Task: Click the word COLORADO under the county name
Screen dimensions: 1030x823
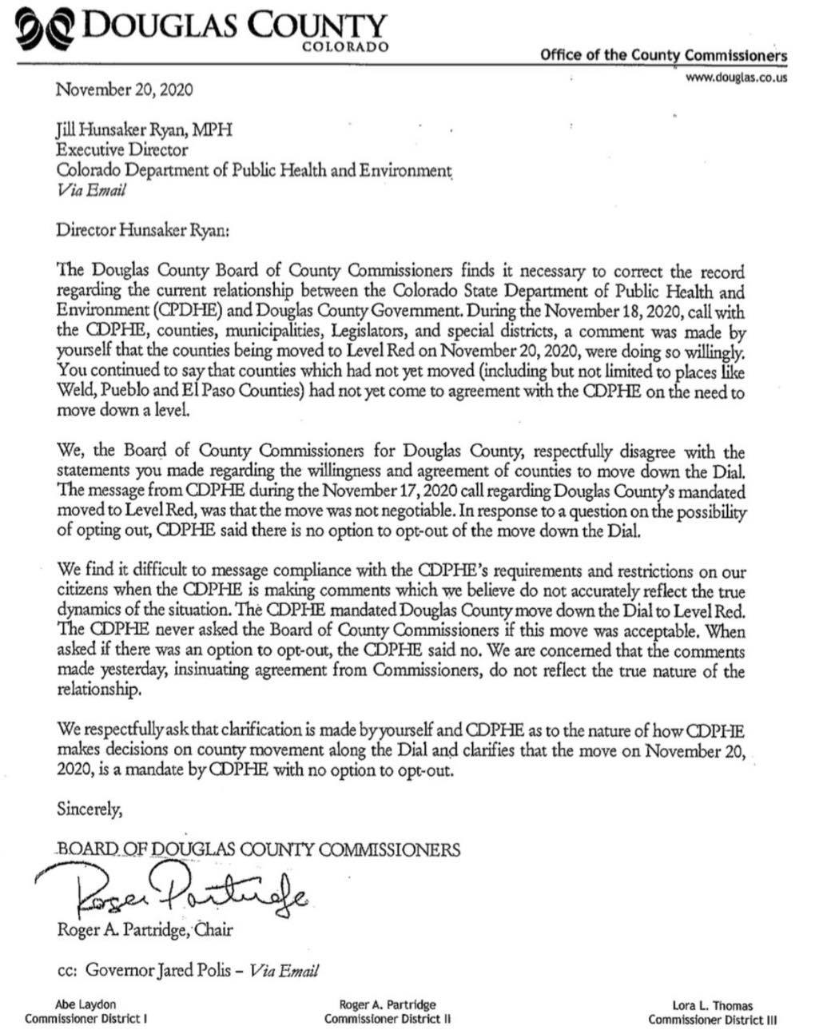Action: click(346, 47)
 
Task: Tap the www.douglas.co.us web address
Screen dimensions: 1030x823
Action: click(736, 78)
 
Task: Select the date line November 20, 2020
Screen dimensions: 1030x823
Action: click(124, 89)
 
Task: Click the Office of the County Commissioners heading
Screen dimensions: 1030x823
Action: click(663, 55)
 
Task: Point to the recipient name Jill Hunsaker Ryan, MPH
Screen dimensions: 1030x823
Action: click(144, 129)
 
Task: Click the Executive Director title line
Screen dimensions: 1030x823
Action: click(121, 149)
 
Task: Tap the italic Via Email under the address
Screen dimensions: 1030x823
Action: click(90, 190)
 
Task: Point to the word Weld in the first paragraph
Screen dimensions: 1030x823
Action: click(73, 392)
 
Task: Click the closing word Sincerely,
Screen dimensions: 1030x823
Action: click(89, 809)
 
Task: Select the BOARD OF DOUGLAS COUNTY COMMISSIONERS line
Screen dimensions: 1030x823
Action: click(258, 849)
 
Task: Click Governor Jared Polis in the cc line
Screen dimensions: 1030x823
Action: click(161, 970)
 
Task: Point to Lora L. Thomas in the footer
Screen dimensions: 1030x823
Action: click(712, 1006)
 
